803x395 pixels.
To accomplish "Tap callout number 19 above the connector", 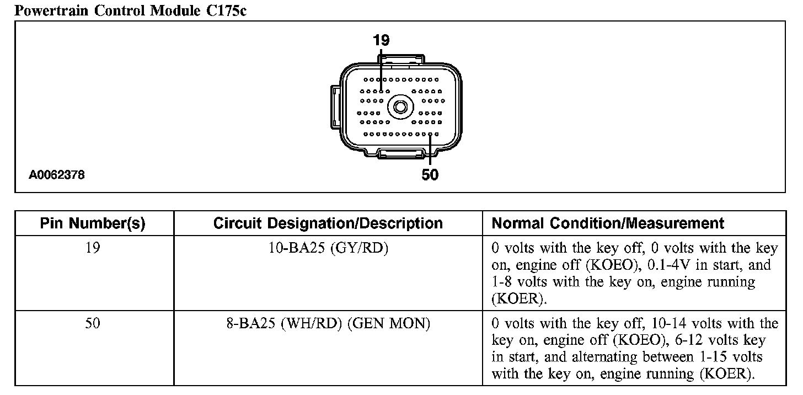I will (x=381, y=40).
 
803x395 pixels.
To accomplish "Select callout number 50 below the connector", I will (x=430, y=175).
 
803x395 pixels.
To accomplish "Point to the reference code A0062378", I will (x=57, y=175).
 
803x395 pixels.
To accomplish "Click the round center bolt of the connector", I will (x=399, y=107).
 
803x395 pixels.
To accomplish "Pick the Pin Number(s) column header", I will (x=93, y=223).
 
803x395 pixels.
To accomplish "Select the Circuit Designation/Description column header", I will (x=328, y=223).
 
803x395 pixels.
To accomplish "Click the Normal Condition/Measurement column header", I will (x=608, y=223).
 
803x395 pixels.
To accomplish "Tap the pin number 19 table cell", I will (x=93, y=248).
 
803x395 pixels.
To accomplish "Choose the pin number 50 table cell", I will (x=93, y=323).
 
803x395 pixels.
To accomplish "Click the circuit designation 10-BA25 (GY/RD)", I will (x=328, y=248).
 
